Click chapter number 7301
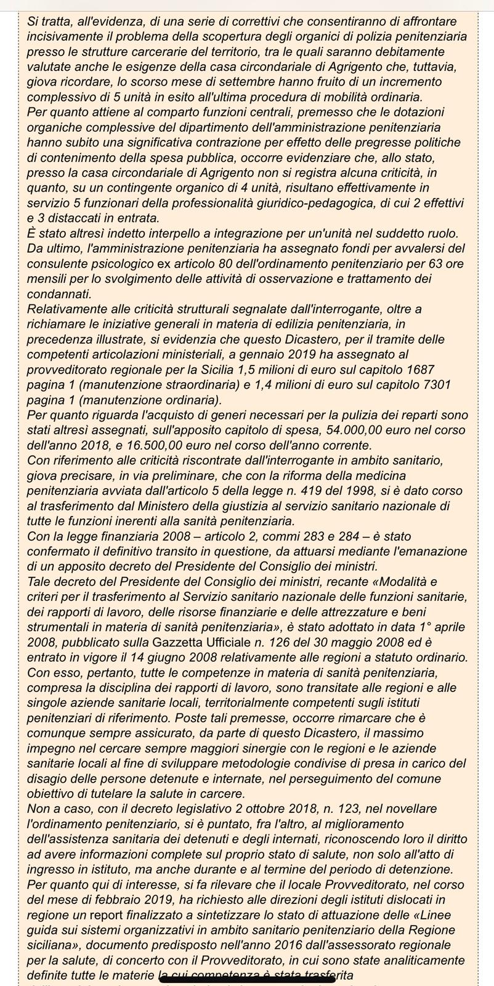coord(431,384)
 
